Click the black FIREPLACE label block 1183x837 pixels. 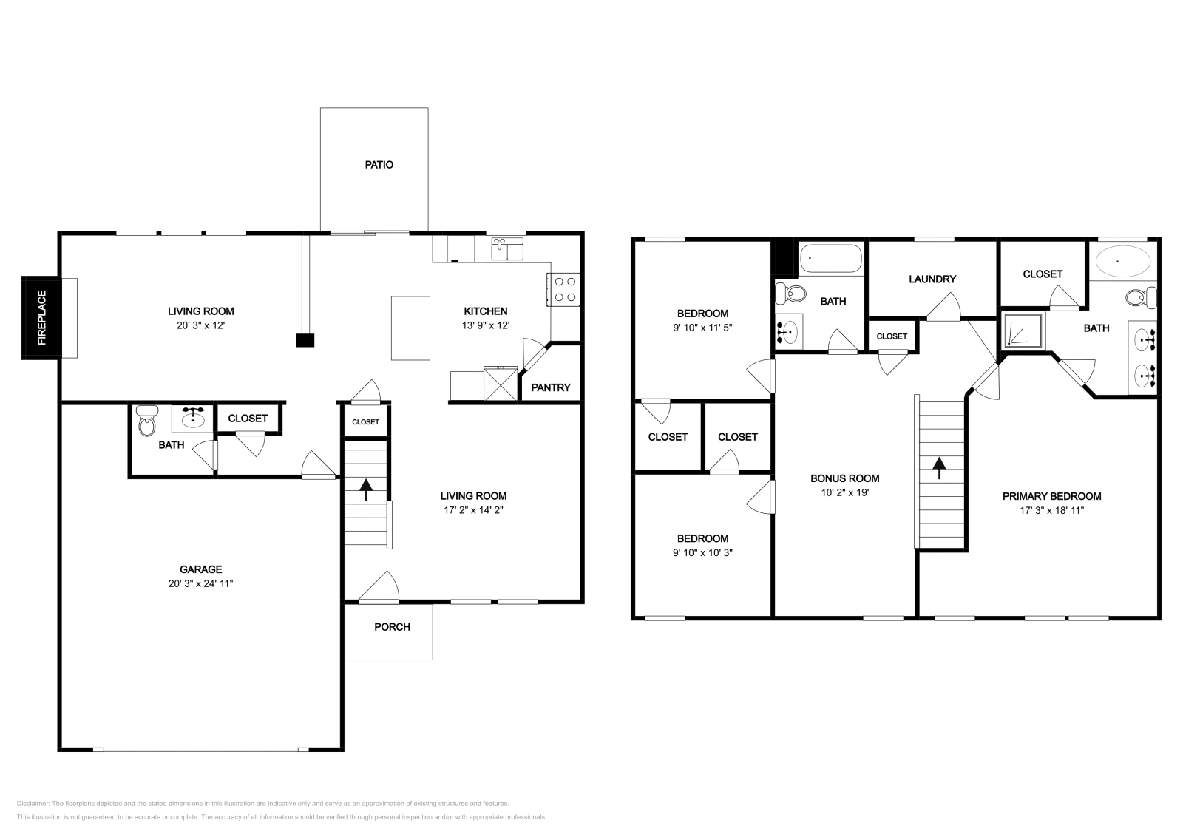[41, 317]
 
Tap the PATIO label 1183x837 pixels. [379, 165]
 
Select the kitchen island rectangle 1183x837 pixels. [410, 328]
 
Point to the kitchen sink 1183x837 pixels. [507, 248]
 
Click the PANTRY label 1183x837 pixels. [550, 387]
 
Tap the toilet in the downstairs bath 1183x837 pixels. [147, 420]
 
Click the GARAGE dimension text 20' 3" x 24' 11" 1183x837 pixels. [200, 583]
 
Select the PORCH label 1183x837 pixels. [392, 627]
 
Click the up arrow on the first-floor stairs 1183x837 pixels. [365, 489]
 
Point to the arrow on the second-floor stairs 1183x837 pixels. [938, 468]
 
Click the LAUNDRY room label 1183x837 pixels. [932, 279]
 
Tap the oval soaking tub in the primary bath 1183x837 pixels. [1122, 261]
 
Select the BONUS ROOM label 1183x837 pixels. [844, 478]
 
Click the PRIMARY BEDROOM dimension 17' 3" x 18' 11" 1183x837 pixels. [1051, 510]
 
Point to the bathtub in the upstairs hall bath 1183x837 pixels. [831, 258]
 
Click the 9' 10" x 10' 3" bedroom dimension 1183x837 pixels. [702, 552]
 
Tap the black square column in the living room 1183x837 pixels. [305, 340]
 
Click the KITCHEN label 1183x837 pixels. [485, 311]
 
